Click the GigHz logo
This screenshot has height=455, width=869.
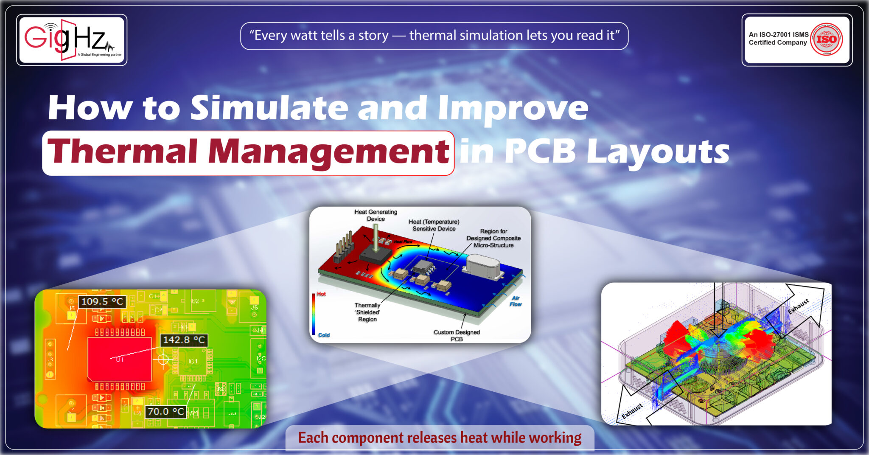71,39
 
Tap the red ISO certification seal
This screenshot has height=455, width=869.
826,39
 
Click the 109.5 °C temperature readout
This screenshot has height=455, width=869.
102,302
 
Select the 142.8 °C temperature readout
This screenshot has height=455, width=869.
184,340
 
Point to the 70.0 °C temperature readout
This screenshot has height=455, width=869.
165,411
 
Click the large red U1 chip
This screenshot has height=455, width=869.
120,359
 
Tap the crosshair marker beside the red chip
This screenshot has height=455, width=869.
163,360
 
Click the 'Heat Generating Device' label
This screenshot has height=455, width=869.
376,215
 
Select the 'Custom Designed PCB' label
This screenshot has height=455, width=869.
457,335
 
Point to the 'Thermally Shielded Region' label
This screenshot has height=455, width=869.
367,312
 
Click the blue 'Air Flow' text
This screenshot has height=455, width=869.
516,301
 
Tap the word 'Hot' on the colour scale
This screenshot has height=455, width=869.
321,294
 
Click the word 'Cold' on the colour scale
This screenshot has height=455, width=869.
324,335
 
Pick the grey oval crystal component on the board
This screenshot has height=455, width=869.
484,266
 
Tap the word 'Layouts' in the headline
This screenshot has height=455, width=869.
658,152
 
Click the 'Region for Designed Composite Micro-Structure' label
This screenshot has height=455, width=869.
493,238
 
